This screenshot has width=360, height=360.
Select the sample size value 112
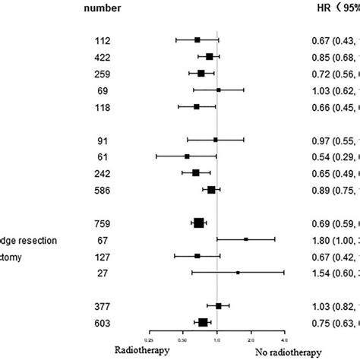102,39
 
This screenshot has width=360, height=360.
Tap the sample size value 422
102,56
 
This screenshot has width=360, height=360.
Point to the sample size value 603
102,323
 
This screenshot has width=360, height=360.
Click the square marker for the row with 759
199,223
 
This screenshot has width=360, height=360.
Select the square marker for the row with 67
246,239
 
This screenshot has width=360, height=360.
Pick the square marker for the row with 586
211,189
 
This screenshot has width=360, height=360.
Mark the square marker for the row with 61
187,156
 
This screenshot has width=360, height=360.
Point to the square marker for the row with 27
238,272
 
